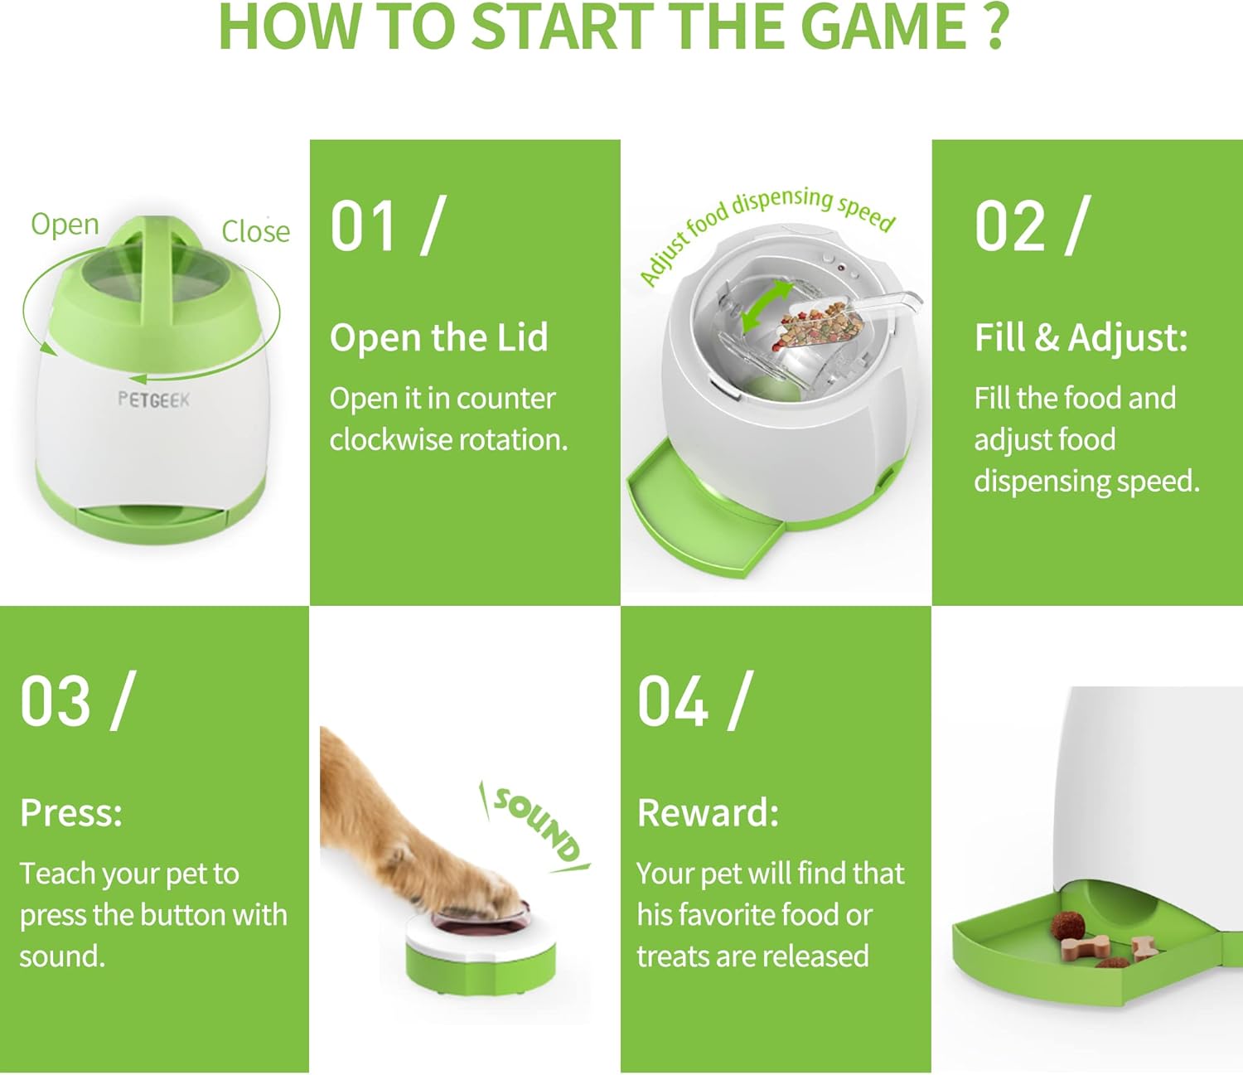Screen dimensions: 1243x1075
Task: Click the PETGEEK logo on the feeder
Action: click(153, 399)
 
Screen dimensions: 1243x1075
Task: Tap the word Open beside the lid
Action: click(65, 225)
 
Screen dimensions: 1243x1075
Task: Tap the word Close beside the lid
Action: click(255, 231)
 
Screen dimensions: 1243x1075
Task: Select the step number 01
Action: click(363, 226)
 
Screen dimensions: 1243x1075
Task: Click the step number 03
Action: click(56, 701)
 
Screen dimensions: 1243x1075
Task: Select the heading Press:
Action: click(71, 813)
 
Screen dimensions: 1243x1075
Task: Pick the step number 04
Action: click(673, 701)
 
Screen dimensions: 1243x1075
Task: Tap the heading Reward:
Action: click(708, 813)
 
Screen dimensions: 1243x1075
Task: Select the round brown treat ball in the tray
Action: click(1066, 926)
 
